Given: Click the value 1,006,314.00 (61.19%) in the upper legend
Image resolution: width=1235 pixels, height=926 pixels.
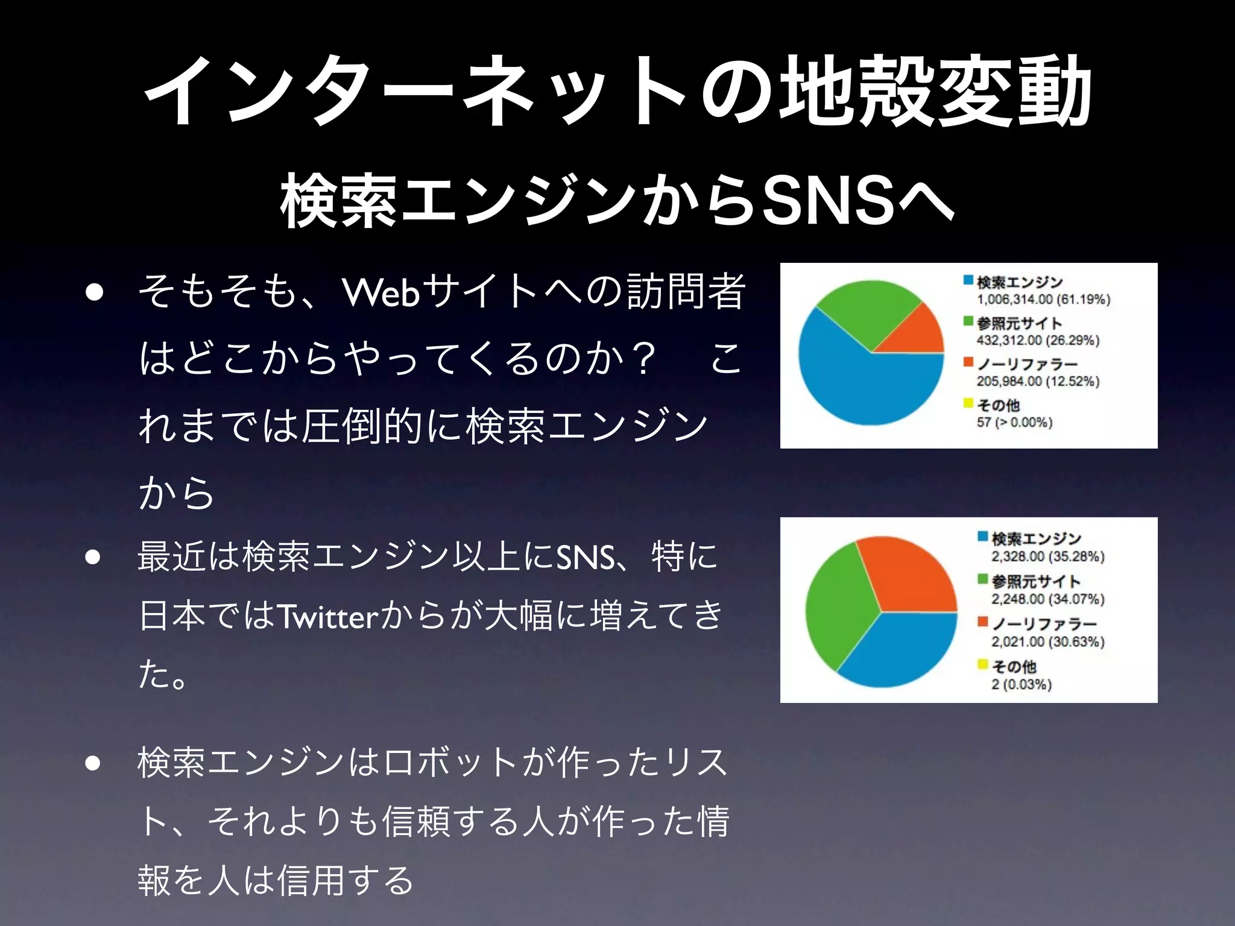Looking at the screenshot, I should point(1044,300).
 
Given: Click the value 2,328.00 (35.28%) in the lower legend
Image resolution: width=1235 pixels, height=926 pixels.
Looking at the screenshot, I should point(1048,556).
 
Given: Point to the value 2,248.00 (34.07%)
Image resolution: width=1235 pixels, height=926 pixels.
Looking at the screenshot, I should point(1048,599).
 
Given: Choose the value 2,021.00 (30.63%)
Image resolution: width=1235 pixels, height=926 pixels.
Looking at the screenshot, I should point(1048,641).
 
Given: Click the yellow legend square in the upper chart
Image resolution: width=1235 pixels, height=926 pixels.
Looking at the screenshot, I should point(968,403).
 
